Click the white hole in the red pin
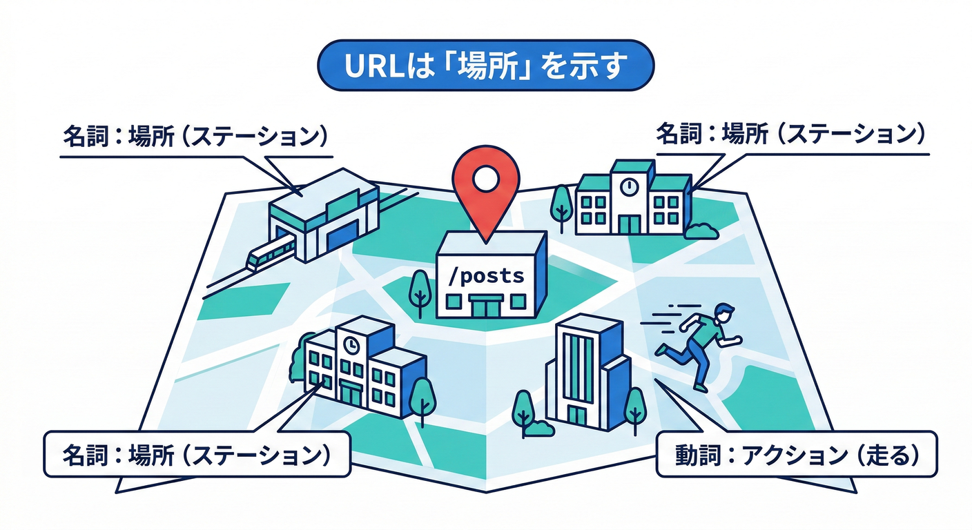pos(487,177)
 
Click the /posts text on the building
pos(487,276)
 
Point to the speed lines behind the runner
pos(663,324)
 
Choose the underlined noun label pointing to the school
pos(790,133)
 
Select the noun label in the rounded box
pos(196,455)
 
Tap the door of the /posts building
pos(486,306)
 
